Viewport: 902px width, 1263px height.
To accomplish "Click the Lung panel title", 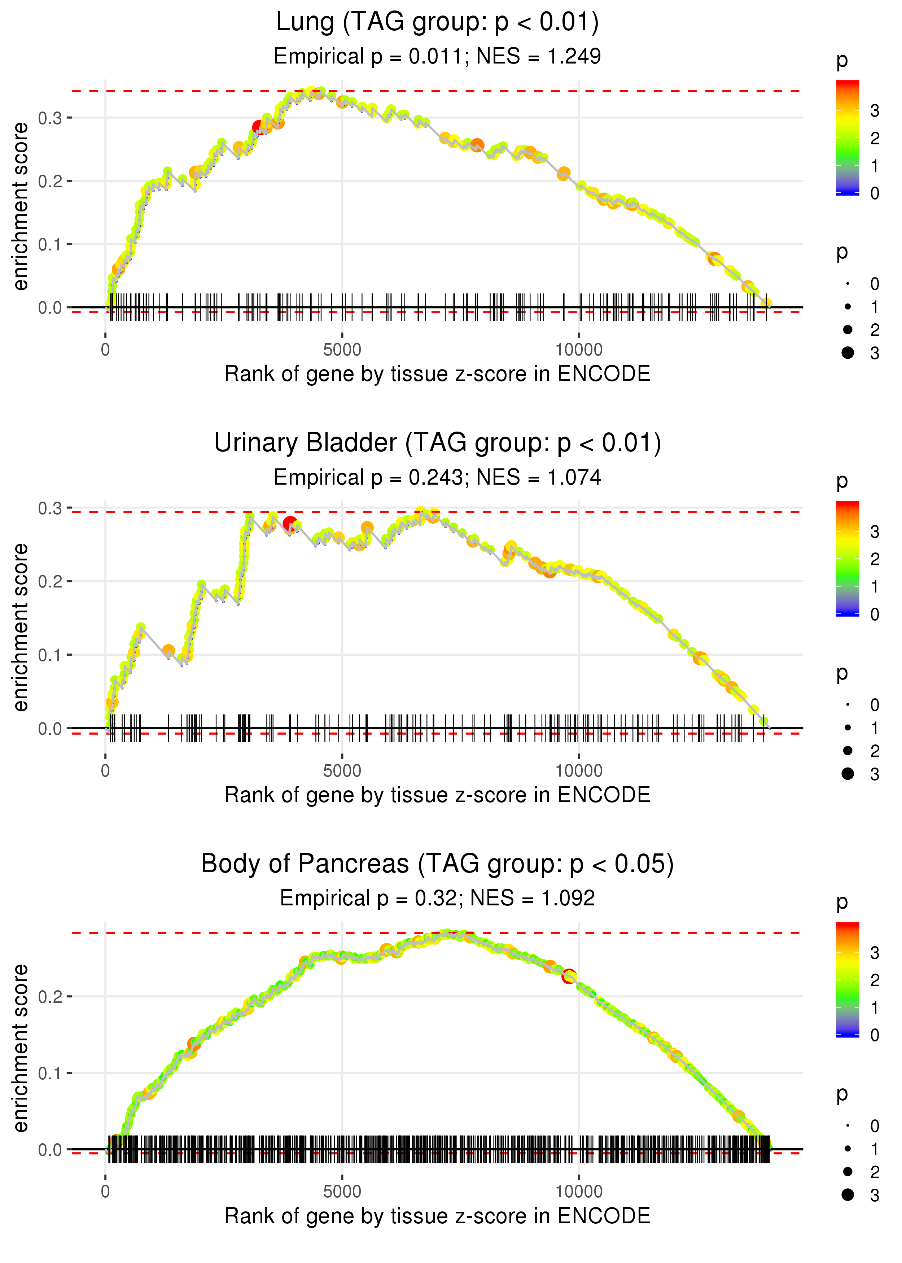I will click(437, 22).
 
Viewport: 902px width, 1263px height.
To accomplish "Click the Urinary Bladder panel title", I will click(437, 443).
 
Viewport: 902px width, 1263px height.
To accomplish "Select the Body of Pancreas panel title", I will click(437, 864).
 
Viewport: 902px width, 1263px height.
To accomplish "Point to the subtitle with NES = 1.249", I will click(437, 56).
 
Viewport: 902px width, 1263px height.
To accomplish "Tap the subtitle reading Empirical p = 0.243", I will click(437, 477).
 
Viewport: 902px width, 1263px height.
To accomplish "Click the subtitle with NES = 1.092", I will click(437, 898).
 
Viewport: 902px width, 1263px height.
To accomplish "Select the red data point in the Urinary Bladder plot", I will click(289, 523).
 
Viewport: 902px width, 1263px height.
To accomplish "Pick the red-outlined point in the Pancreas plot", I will click(569, 976).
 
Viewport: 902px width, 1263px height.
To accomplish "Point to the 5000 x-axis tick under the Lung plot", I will click(342, 350).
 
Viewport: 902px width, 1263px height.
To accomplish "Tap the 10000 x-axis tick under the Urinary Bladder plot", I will click(579, 771).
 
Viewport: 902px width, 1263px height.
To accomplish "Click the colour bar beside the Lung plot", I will click(847, 138).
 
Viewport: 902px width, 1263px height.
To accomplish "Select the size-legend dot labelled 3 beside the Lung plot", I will click(848, 353).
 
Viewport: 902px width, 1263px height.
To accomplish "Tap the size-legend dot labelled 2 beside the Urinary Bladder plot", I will click(848, 750).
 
